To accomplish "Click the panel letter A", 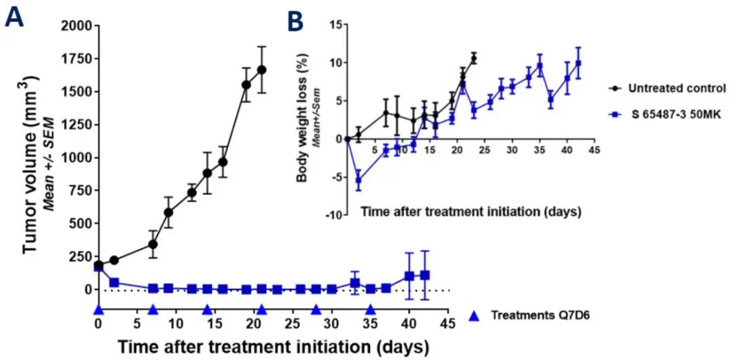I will point(15,17).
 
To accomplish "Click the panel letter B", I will point(295,21).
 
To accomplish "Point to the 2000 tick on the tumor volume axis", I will point(78,26).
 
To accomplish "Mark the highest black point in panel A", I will point(262,70).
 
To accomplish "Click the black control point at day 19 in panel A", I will point(246,85).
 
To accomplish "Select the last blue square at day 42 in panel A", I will point(425,275).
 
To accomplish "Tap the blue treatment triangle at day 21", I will point(262,310).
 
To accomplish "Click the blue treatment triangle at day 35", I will point(370,310).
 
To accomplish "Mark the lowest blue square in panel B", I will point(359,180).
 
